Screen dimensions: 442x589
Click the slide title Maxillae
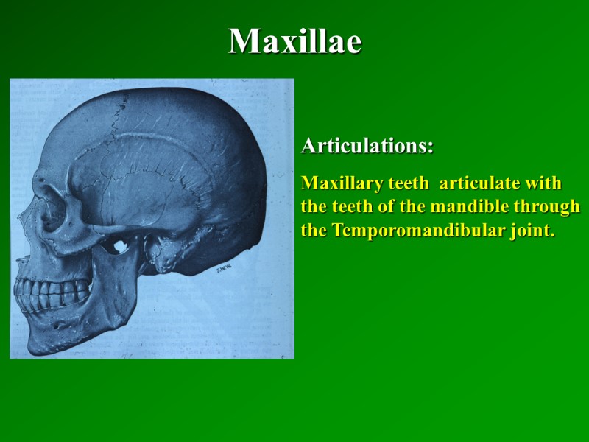tap(294, 42)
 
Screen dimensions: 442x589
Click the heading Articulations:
tap(367, 146)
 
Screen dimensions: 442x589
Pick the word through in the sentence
tap(545, 207)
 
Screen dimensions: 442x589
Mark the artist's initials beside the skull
tap(225, 269)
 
